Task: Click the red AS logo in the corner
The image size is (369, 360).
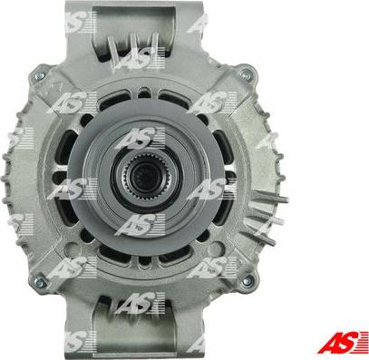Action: click(x=343, y=342)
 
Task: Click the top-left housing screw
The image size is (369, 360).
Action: click(x=40, y=76)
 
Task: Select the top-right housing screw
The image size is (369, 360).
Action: click(x=246, y=73)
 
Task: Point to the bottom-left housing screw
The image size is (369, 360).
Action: click(x=40, y=282)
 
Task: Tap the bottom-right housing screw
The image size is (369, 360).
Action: click(x=248, y=281)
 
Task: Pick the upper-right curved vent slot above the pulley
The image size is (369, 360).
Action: click(x=175, y=98)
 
